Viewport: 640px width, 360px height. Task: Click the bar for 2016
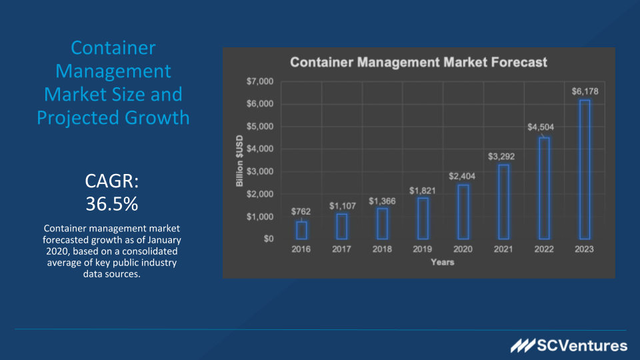coord(301,230)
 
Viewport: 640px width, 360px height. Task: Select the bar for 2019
coord(423,218)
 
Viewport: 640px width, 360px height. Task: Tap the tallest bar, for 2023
coord(584,169)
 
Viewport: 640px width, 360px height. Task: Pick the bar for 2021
coord(503,201)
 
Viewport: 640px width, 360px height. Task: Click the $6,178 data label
coord(584,91)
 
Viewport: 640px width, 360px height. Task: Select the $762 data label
coord(301,211)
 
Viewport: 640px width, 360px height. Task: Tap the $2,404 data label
coord(463,176)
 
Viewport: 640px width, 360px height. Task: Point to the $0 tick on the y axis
coord(267,239)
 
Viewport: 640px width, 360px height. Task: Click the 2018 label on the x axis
coord(382,249)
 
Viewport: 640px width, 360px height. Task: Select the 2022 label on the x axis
coord(544,249)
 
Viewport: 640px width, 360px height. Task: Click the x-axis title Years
coord(442,262)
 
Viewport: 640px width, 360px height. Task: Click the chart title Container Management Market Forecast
coord(419,63)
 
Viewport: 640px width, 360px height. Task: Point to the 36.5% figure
coord(113,203)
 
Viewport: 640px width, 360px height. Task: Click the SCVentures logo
coord(569,345)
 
